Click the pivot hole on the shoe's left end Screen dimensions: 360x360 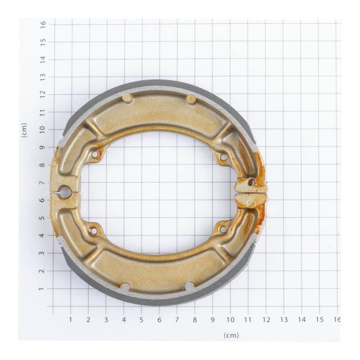(x=64, y=191)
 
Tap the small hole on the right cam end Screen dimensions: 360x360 (x=251, y=183)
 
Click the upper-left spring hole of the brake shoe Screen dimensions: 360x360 (x=95, y=153)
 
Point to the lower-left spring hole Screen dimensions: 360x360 (x=92, y=229)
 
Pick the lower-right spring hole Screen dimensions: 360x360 (x=223, y=229)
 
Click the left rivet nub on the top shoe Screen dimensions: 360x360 (x=127, y=98)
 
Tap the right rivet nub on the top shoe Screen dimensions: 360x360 (x=191, y=99)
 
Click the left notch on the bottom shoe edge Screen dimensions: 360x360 (x=124, y=286)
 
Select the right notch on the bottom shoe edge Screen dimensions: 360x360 (x=189, y=286)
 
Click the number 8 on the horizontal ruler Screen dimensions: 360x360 (x=195, y=320)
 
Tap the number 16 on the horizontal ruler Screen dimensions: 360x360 (x=337, y=320)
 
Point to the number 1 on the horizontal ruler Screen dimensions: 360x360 (x=70, y=320)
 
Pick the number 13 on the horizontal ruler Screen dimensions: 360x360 (x=284, y=320)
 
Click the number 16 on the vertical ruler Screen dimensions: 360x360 (x=43, y=23)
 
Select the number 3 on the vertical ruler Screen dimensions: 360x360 (x=43, y=253)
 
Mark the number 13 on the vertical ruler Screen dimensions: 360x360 (x=43, y=76)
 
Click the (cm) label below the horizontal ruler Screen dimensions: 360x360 (x=231, y=335)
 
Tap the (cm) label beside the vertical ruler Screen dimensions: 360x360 (x=25, y=129)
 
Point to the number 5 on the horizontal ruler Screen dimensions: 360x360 (x=141, y=320)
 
